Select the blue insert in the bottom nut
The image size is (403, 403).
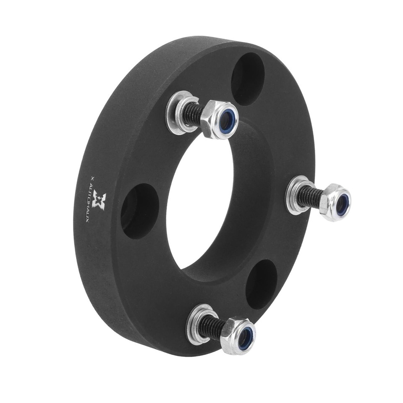click(x=245, y=337)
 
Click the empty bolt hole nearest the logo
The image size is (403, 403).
click(x=140, y=210)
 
